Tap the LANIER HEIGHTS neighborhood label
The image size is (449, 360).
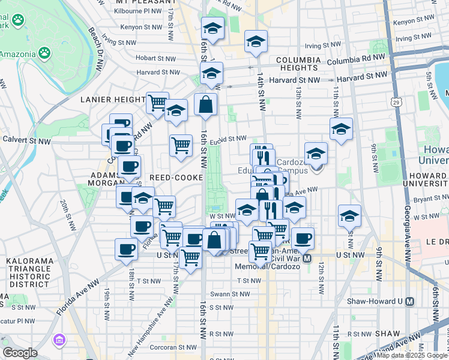(112, 100)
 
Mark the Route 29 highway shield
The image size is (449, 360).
(397, 103)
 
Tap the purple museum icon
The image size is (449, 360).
(59, 341)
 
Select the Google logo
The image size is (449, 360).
(20, 352)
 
